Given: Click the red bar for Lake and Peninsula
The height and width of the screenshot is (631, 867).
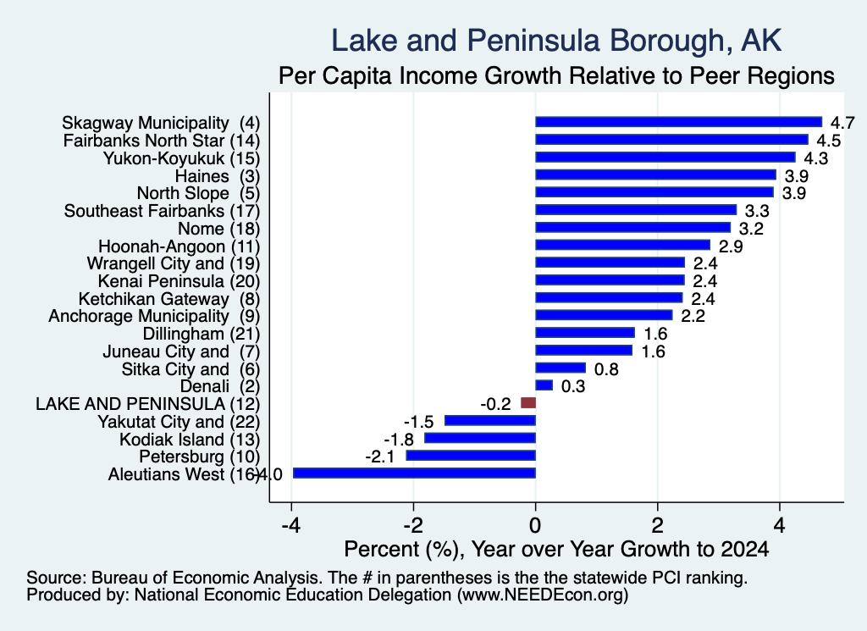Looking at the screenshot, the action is (528, 402).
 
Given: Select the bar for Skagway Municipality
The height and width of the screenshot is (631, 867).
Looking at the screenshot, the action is (678, 122).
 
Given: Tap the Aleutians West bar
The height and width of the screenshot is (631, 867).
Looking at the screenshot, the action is (414, 473).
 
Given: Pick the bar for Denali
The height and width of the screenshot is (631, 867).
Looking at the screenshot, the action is (544, 385).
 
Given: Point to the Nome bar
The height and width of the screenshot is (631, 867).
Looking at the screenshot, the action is (632, 227).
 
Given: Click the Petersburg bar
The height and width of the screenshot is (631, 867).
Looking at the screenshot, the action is (471, 456).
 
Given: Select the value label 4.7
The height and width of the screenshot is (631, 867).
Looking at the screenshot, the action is (842, 123).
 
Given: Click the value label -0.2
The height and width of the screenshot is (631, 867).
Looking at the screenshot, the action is (495, 404).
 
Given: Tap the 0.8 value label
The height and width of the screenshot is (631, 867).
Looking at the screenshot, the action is (606, 369).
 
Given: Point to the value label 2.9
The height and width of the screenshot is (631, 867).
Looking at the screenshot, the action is (731, 246).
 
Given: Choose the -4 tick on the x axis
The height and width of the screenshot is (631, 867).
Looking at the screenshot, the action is (291, 525).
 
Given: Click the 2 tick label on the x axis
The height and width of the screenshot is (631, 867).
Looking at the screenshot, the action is (657, 525).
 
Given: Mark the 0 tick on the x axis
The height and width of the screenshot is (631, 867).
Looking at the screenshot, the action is (535, 525).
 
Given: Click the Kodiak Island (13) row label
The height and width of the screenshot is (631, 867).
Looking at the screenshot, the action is (190, 440).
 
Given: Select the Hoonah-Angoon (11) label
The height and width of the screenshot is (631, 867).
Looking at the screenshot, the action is (179, 246).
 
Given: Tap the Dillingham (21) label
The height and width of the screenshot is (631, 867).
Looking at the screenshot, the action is (202, 334).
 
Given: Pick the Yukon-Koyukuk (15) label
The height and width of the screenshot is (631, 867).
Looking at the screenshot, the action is (181, 158).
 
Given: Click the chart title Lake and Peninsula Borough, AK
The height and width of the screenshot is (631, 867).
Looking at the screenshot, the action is (556, 41).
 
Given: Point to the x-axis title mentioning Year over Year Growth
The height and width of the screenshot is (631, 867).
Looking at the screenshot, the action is (556, 549).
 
